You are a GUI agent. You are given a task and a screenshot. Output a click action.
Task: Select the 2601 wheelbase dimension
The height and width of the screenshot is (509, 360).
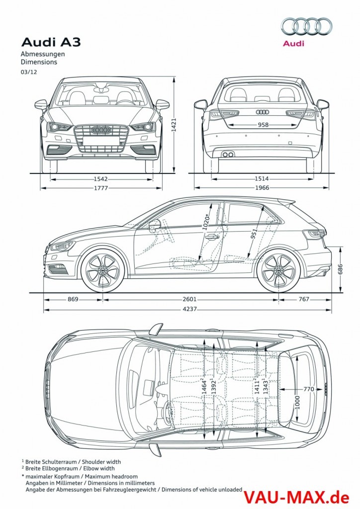point(189,299)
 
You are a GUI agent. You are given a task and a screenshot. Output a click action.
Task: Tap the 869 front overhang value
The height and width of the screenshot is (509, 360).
point(73,299)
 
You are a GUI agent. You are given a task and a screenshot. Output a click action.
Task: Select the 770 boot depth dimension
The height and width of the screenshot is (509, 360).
point(308,389)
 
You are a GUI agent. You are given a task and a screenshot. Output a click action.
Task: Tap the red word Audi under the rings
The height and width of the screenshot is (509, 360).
point(293,44)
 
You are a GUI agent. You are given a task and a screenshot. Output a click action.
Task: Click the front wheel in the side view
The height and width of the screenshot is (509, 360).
point(102,271)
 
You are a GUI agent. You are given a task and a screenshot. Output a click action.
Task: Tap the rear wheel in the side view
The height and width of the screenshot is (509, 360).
point(278,271)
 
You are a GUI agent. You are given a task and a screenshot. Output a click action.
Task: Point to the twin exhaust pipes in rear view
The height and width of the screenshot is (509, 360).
point(228,155)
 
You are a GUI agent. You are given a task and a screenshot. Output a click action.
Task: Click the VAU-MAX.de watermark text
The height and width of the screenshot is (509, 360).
point(299,495)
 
